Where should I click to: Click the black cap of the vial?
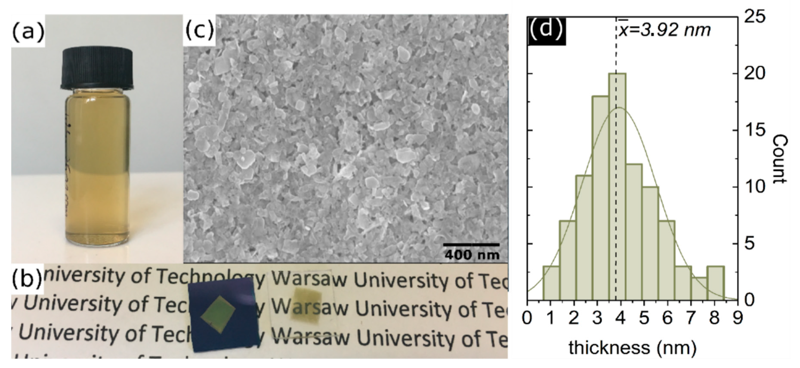(x=97, y=68)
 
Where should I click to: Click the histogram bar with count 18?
(x=600, y=202)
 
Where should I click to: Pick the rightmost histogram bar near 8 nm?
(x=715, y=283)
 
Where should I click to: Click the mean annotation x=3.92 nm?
(x=665, y=30)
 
